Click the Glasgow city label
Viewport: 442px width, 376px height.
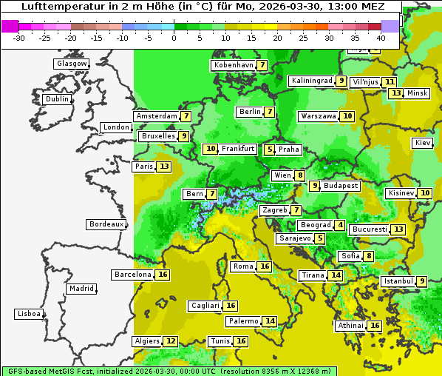[x=72, y=64]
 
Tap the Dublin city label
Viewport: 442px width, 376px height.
[x=57, y=99]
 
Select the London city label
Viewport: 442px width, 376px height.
[x=116, y=127]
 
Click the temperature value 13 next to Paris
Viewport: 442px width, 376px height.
[x=163, y=167]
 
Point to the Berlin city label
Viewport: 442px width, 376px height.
[x=250, y=112]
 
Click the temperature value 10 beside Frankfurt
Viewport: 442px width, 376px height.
[x=211, y=149]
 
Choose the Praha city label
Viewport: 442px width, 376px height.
[x=289, y=150]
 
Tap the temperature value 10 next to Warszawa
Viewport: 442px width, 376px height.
[x=347, y=116]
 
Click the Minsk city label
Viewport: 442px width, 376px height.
[x=418, y=93]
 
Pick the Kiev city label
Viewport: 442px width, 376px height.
[x=423, y=143]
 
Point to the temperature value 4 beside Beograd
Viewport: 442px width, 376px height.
[x=339, y=225]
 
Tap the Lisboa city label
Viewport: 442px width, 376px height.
[x=28, y=314]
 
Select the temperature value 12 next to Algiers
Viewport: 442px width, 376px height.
[x=171, y=341]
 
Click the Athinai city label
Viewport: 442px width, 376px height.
[x=350, y=326]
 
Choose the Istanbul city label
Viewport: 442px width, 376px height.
[x=398, y=281]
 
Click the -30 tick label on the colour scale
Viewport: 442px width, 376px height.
[x=20, y=38]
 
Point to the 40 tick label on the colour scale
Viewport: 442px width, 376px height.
[x=381, y=38]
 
